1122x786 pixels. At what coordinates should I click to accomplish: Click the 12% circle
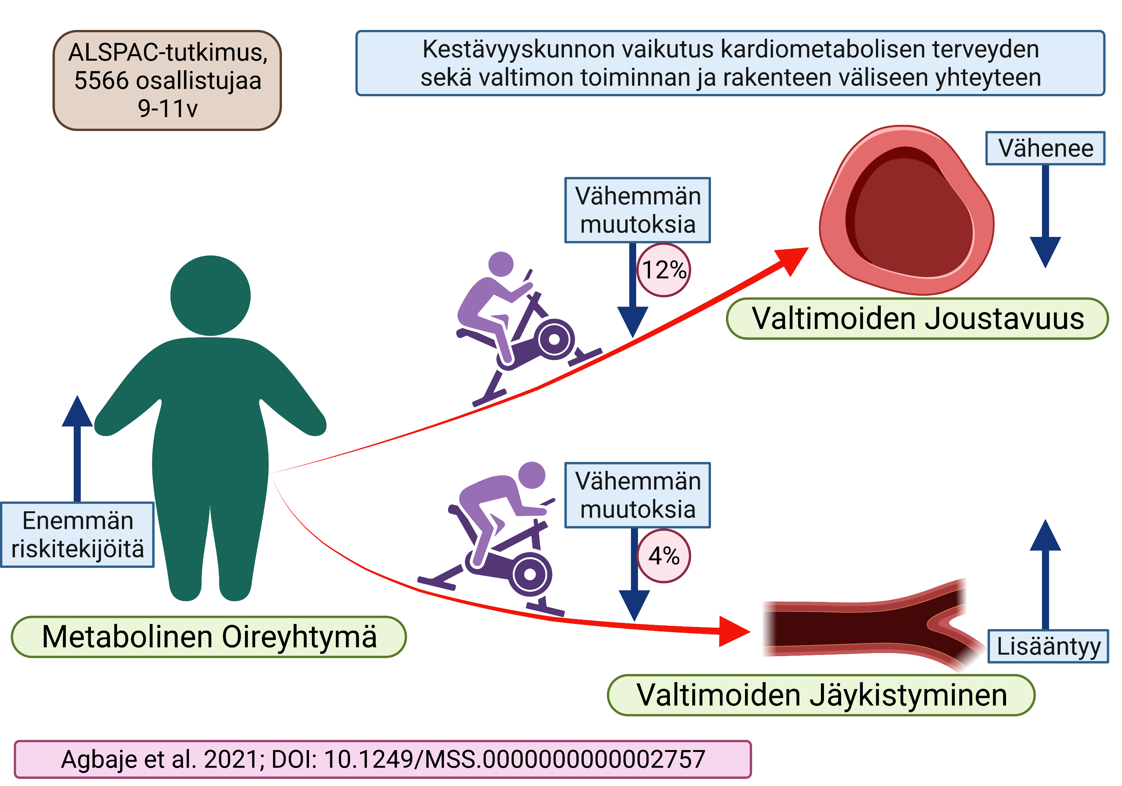click(663, 269)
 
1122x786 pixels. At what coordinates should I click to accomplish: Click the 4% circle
click(663, 556)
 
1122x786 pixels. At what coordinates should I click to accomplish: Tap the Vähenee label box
click(1045, 148)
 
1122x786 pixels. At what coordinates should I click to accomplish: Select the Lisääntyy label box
click(1048, 646)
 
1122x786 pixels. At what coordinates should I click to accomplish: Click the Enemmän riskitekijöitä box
click(77, 534)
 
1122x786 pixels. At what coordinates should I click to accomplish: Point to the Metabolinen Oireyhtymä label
click(209, 636)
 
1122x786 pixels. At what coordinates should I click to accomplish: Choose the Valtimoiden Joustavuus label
click(917, 319)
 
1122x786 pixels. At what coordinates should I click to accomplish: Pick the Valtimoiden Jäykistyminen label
click(821, 695)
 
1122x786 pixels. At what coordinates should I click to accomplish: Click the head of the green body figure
click(210, 295)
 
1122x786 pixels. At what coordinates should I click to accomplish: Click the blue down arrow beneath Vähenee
click(1045, 220)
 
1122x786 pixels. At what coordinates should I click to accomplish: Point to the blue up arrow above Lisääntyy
click(1045, 572)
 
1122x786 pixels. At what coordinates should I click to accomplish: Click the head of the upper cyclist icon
click(501, 264)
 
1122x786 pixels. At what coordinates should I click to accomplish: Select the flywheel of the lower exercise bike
click(530, 574)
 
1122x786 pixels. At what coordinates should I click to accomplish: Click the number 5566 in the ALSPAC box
click(102, 81)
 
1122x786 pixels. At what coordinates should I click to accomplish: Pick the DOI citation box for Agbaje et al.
click(383, 759)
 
